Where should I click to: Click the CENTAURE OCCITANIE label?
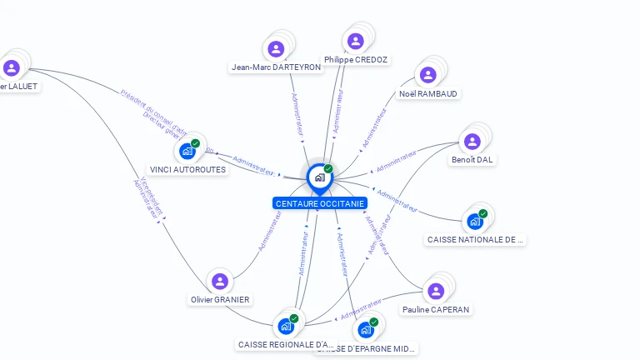coord(319,203)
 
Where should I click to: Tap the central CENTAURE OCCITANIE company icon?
coord(319,177)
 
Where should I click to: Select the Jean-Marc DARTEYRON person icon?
coord(277,49)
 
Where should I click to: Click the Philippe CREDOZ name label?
coord(357,60)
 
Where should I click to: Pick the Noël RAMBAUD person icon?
coord(428,75)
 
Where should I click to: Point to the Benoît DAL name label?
coord(472,159)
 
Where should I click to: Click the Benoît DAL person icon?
coord(472,141)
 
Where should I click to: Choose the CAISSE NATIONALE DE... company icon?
coord(475,221)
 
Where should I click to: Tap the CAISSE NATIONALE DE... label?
coord(476,240)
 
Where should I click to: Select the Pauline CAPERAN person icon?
coord(436,291)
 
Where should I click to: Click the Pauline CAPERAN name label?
coord(436,309)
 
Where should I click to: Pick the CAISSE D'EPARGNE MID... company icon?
coord(366,329)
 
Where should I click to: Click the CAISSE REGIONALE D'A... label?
coord(286,344)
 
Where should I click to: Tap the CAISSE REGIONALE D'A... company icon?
coord(286,325)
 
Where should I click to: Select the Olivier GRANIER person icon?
coord(220,282)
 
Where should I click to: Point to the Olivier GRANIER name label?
coord(220,300)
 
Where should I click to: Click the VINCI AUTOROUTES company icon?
coord(187,151)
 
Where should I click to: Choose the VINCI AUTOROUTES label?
coord(187,169)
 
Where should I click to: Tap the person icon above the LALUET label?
coord(12,67)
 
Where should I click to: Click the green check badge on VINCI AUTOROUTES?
coord(196,143)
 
